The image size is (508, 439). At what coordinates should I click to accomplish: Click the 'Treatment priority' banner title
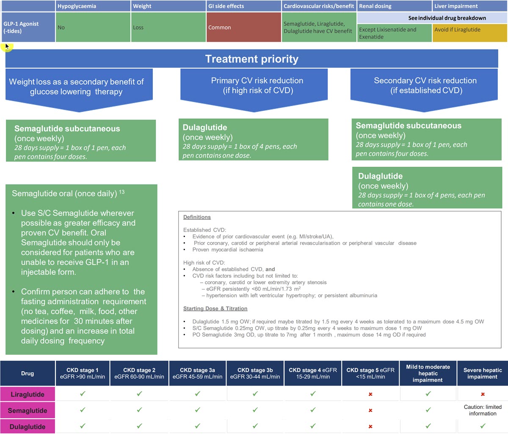point(251,59)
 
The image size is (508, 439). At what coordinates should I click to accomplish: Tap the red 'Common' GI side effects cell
point(243,27)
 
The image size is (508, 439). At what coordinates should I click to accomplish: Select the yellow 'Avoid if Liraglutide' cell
point(469,33)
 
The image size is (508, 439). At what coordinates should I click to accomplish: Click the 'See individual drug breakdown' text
point(447,18)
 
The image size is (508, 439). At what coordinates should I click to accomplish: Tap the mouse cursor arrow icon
point(7,47)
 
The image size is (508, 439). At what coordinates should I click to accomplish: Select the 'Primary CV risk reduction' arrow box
point(254,90)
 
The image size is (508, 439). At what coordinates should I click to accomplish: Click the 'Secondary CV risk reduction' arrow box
point(424,90)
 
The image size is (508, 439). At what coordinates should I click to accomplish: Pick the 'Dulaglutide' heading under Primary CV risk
point(205,127)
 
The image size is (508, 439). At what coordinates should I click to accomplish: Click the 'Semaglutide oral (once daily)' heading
point(64,193)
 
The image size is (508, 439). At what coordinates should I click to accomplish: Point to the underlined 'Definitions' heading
point(197,217)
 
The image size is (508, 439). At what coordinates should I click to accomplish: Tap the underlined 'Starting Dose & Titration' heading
point(215,309)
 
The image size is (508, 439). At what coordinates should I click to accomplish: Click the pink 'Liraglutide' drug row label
point(28,394)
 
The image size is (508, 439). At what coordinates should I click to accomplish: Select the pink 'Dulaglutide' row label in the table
point(28,426)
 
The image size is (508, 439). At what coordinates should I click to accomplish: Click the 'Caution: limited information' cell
point(483,410)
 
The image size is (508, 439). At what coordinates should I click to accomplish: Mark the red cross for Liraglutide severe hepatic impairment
point(483,394)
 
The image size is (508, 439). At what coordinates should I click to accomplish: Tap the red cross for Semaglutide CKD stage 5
point(370,410)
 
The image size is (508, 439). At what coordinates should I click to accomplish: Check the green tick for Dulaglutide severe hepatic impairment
point(483,426)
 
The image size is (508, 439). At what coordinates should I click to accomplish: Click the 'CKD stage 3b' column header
point(255,373)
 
